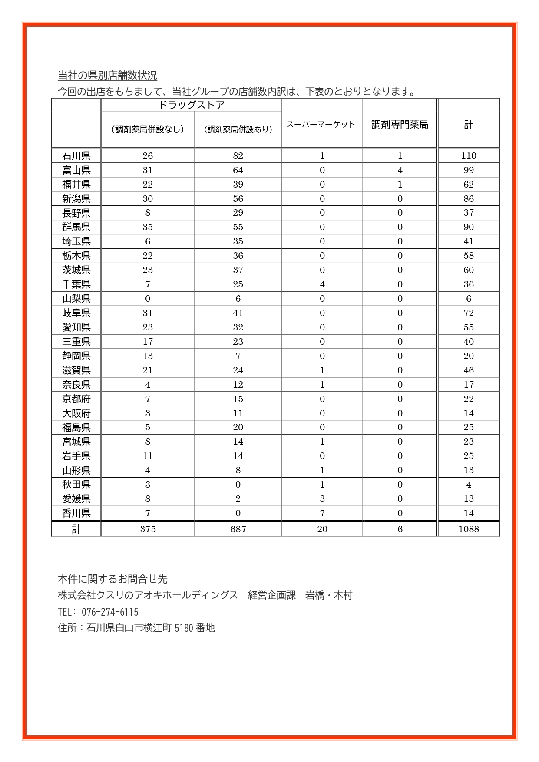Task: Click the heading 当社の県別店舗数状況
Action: pyautogui.click(x=107, y=76)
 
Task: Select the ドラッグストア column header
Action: pyautogui.click(x=191, y=105)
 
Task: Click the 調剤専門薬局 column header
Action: pyautogui.click(x=400, y=125)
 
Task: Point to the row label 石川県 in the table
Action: pyautogui.click(x=76, y=156)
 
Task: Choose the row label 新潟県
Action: pyautogui.click(x=76, y=199)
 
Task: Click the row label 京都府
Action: pyautogui.click(x=76, y=399)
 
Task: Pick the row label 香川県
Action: pyautogui.click(x=76, y=513)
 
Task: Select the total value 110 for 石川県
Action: pyautogui.click(x=469, y=156)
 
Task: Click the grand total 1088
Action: pyautogui.click(x=469, y=529)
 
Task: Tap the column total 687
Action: pyautogui.click(x=238, y=529)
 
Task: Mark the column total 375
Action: pyautogui.click(x=148, y=529)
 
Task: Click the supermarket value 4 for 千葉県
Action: pyautogui.click(x=322, y=284)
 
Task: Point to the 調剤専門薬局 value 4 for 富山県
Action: pyautogui.click(x=400, y=170)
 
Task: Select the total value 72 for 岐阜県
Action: pyautogui.click(x=469, y=313)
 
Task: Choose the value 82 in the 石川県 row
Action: pyautogui.click(x=238, y=156)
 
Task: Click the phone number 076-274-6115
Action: pyautogui.click(x=110, y=612)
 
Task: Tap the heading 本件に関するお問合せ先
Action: pyautogui.click(x=112, y=579)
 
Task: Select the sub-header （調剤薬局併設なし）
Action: pyautogui.click(x=148, y=129)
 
